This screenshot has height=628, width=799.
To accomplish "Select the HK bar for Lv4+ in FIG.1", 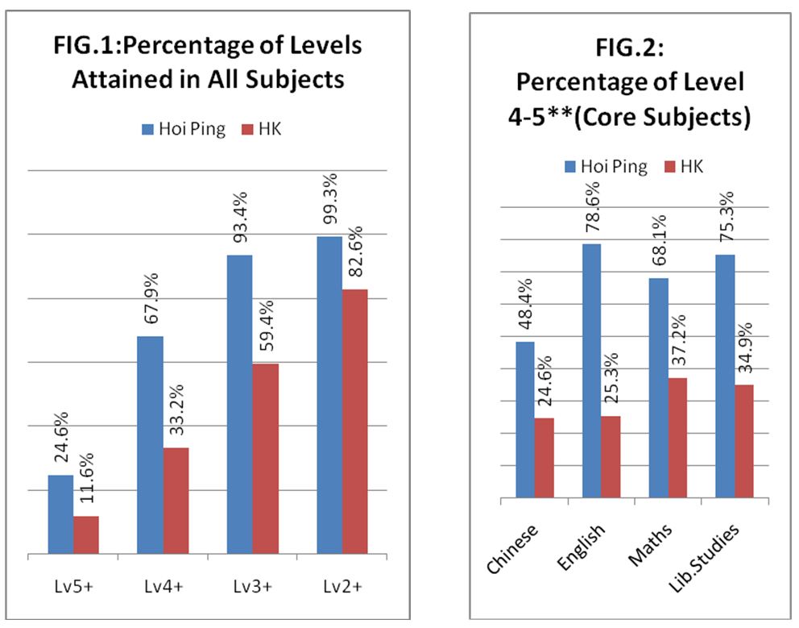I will (x=176, y=501).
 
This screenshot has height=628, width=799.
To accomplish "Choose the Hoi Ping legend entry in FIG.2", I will (x=606, y=166).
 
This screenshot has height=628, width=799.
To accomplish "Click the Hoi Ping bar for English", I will (x=592, y=371).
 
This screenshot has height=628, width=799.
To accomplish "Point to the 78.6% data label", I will (x=592, y=213).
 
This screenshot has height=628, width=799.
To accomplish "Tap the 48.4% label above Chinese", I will (x=525, y=310).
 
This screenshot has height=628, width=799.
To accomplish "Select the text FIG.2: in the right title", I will (x=629, y=48).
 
